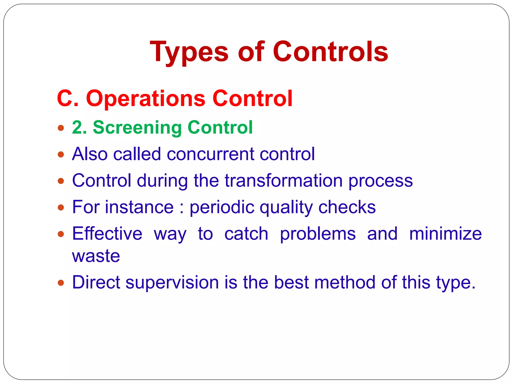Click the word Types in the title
coord(189,52)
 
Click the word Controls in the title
coord(330,52)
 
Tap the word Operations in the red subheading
coord(146,98)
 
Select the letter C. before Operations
coord(68,98)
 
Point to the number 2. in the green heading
coord(79,127)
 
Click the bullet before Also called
coord(61,154)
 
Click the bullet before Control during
coord(61,181)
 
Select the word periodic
coord(222,207)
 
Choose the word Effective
coord(107,234)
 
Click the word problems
coord(318,234)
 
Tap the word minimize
coord(445,234)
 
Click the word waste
coord(96,256)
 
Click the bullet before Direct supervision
coord(61,283)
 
